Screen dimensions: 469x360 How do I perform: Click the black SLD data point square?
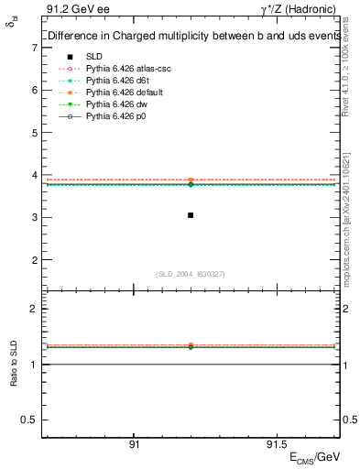pos(191,215)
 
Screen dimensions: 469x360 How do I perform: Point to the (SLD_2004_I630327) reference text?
pos(191,274)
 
